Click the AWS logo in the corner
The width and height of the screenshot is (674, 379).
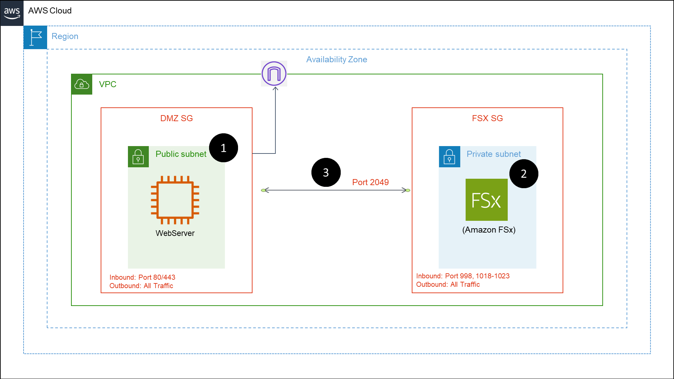pos(12,13)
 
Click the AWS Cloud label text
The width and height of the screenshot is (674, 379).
pos(50,11)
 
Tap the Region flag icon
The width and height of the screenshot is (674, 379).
pos(35,37)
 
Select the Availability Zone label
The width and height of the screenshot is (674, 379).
pos(336,60)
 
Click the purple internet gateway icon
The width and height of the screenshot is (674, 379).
pos(274,73)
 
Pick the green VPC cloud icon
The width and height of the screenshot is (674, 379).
pos(82,84)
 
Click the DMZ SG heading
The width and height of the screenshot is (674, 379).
pos(176,118)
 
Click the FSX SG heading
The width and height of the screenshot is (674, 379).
pos(487,118)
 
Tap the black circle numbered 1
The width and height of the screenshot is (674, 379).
pos(224,148)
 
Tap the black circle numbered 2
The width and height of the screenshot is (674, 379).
pos(524,174)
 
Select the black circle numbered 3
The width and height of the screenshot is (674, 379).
pos(326,172)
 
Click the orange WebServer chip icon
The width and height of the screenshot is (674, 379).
pos(175,200)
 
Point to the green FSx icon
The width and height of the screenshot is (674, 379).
pos(486,200)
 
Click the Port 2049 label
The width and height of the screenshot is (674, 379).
pos(370,182)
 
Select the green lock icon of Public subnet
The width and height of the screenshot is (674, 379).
pos(138,157)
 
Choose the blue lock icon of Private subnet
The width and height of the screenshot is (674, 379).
pos(449,157)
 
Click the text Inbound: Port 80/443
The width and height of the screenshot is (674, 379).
pos(142,277)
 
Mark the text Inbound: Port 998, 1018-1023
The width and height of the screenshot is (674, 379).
pos(463,276)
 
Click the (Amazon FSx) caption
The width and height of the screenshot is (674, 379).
pos(489,230)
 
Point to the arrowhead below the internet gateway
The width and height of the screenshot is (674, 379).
pos(275,89)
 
